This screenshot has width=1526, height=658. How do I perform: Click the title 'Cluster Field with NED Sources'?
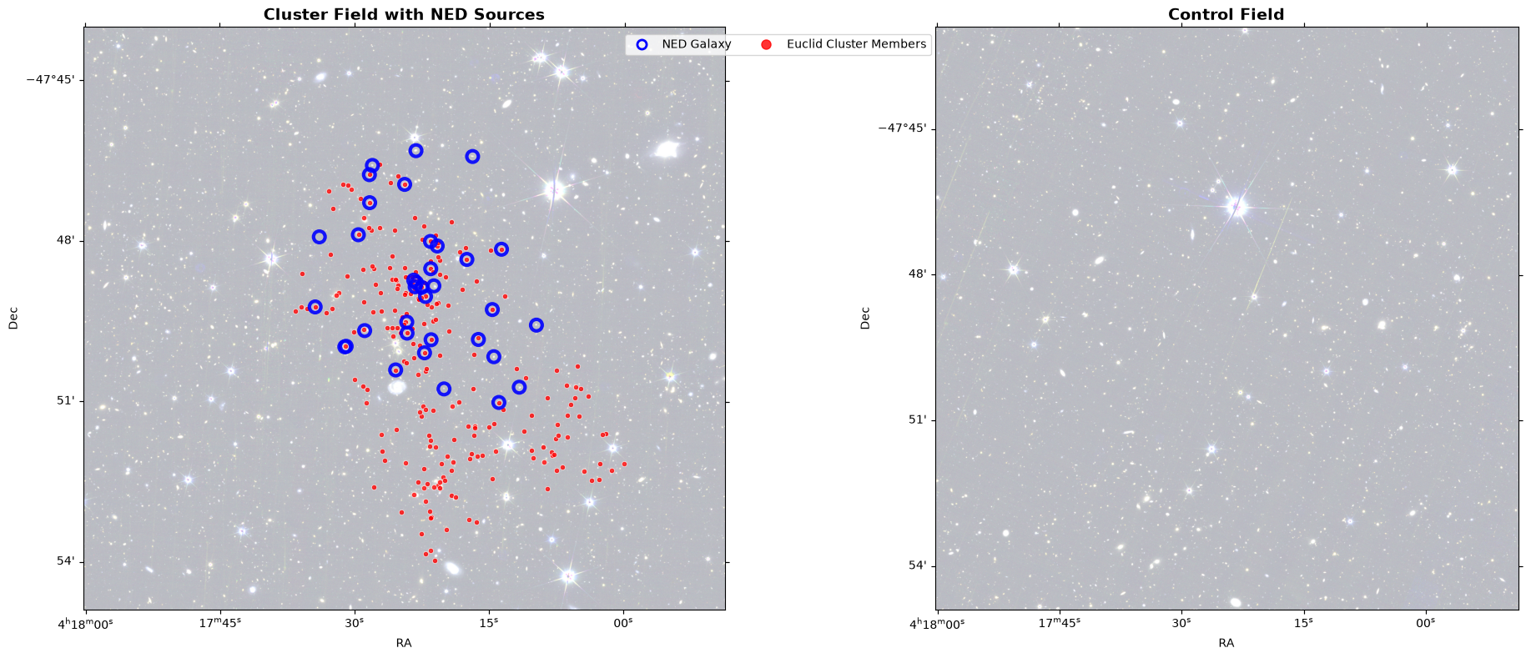tap(404, 14)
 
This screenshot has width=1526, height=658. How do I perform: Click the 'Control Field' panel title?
tap(1226, 14)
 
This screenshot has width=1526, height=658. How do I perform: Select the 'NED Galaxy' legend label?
tap(697, 44)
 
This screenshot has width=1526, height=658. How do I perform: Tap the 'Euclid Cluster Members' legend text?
tap(857, 44)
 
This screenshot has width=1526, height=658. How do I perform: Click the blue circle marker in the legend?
tap(642, 44)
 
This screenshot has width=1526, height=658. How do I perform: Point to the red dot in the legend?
tap(766, 44)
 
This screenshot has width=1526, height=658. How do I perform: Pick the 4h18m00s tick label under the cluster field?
tap(84, 623)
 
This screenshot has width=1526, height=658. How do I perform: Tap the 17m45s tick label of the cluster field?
tap(219, 623)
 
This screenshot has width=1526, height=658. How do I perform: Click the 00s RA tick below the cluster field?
tap(623, 623)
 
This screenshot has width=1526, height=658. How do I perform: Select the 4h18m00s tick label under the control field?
tap(936, 623)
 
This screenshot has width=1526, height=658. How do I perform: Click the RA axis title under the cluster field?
tap(404, 643)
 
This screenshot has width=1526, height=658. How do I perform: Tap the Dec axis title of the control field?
tap(865, 318)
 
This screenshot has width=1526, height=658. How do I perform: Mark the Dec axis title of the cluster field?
tap(13, 318)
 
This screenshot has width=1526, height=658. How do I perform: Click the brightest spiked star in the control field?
tap(1236, 205)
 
